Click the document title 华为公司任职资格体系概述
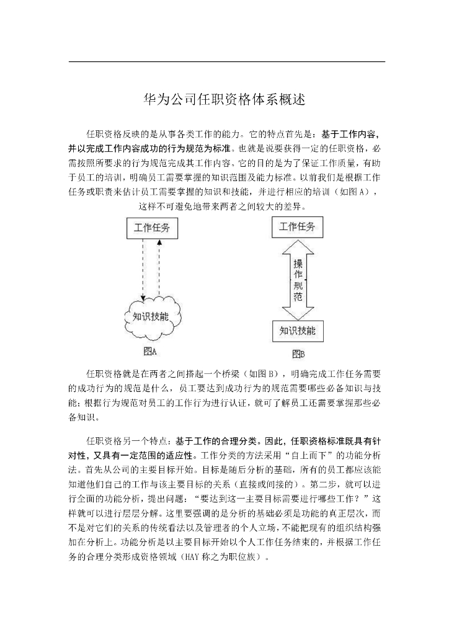tap(224, 100)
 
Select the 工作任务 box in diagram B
tap(297, 226)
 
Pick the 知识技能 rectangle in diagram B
tap(297, 329)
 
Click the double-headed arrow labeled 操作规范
tap(298, 279)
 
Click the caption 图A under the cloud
tap(150, 352)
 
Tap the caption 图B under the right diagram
tap(298, 354)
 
